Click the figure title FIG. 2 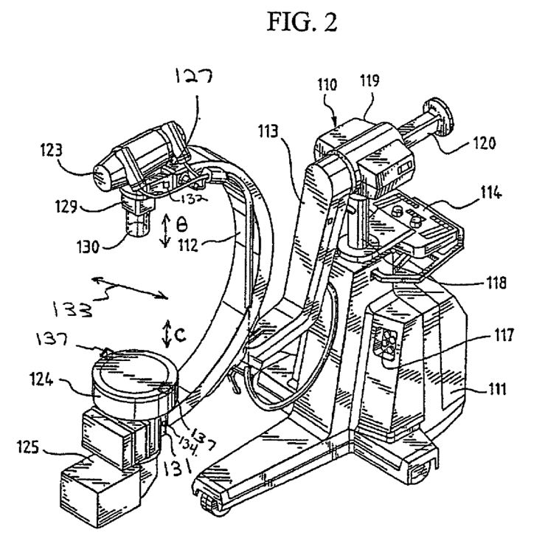(x=302, y=22)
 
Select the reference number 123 (x=51, y=150)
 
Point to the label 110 (x=327, y=85)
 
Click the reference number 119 (x=369, y=80)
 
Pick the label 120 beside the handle (x=484, y=142)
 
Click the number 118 (x=496, y=282)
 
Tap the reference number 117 (x=504, y=335)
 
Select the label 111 (x=496, y=388)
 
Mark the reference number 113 (x=268, y=131)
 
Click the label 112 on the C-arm (x=188, y=246)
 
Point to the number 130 (x=88, y=247)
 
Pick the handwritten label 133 (x=72, y=309)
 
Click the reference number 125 (x=28, y=447)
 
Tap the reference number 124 (x=41, y=379)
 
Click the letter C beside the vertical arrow (x=180, y=335)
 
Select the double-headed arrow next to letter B (x=166, y=231)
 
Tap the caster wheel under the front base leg (x=210, y=506)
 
